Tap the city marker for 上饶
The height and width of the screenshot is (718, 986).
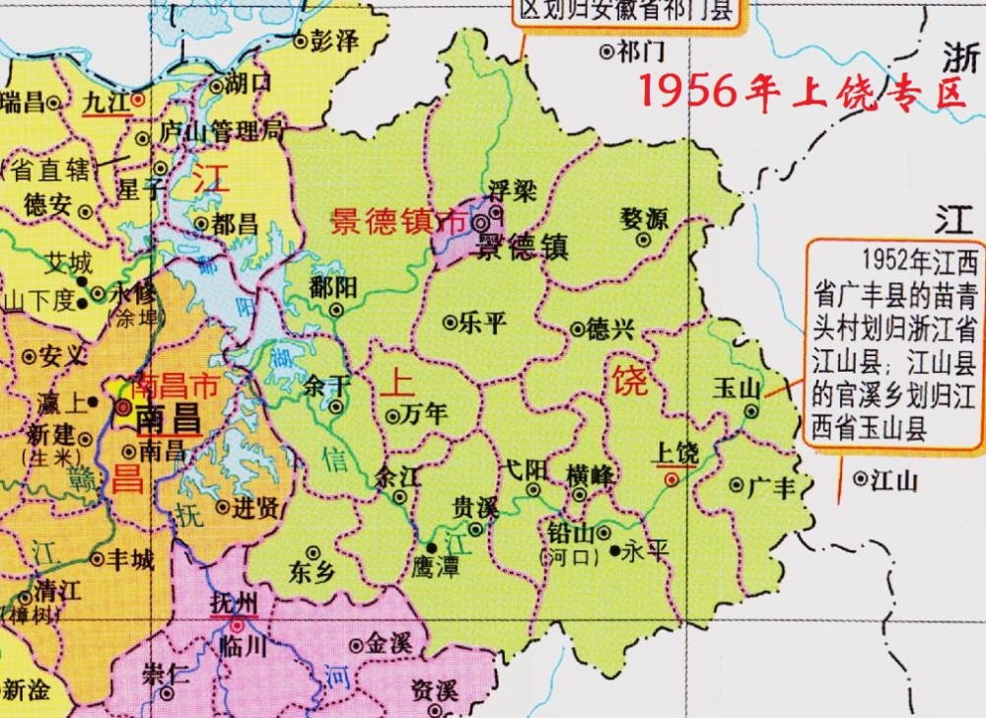coord(671,479)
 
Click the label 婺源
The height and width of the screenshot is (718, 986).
coord(645,217)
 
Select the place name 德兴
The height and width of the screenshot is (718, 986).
coord(609,328)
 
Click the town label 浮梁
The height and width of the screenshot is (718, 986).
coord(513,190)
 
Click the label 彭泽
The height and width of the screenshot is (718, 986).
coord(333,40)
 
